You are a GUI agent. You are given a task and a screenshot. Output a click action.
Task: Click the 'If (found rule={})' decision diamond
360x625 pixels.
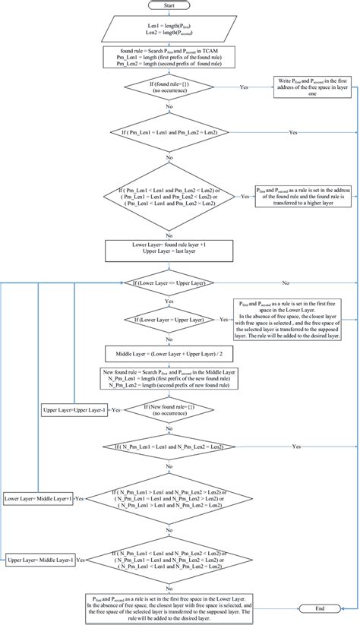click(x=169, y=88)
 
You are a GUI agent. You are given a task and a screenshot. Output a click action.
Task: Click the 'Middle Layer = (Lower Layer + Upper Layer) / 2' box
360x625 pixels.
click(x=169, y=354)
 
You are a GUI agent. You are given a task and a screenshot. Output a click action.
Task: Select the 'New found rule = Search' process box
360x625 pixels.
click(x=169, y=380)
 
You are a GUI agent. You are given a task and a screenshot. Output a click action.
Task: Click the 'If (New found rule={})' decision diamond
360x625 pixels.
click(x=169, y=410)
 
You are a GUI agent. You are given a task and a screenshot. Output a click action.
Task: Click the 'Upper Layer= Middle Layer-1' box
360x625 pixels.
click(x=40, y=560)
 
